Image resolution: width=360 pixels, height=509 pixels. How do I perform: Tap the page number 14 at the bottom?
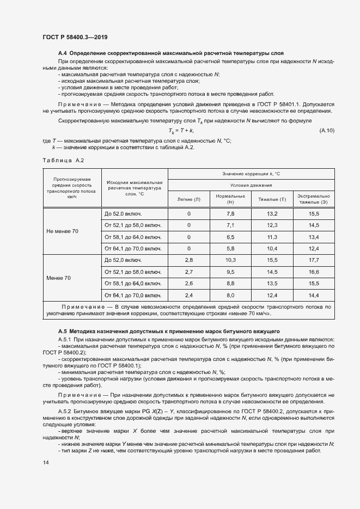pos(45,462)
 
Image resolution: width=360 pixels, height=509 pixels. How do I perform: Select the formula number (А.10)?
pos(327,131)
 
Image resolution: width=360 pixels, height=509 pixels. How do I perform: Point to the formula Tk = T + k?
pos(182,131)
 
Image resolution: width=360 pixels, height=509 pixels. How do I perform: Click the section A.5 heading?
pos(169,330)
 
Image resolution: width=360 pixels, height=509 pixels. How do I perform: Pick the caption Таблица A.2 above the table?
pos(63,160)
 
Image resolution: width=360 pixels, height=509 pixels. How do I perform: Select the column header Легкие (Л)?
pos(189,199)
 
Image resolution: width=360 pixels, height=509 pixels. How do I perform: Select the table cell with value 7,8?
pos(230,214)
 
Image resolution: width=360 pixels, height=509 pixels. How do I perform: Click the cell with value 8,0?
pos(230,295)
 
